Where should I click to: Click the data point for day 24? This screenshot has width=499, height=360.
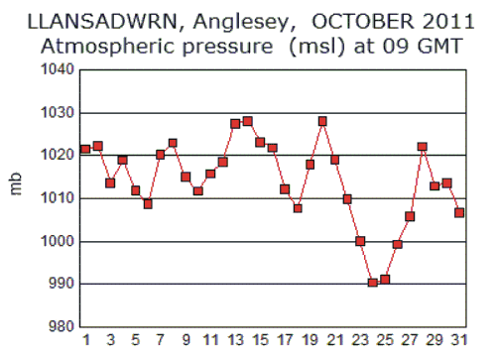[373, 283]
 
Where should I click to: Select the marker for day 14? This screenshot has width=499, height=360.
[247, 121]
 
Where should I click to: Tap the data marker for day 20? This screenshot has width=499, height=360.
[322, 121]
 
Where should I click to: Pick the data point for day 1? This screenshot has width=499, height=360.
[85, 149]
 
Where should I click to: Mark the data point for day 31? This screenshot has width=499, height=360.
[459, 212]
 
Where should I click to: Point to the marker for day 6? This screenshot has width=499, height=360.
[148, 203]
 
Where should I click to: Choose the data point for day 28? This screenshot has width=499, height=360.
[422, 147]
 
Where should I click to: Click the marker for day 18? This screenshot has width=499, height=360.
[298, 208]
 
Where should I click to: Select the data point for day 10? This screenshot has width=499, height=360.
[198, 190]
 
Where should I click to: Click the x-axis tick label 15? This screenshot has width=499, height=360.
[260, 342]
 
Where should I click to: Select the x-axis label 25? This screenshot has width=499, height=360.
[385, 342]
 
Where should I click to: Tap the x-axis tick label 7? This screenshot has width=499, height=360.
[161, 342]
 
